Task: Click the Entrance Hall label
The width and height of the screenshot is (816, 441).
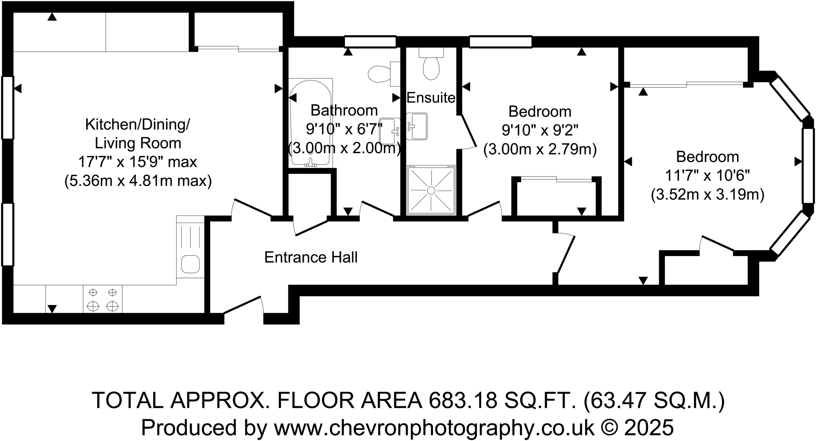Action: tap(311, 258)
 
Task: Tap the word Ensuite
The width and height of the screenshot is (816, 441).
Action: tap(430, 98)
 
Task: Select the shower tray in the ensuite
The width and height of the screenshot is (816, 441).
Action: tap(431, 190)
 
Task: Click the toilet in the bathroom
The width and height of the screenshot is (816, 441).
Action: tap(381, 74)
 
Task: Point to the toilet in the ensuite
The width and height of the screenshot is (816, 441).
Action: tap(431, 66)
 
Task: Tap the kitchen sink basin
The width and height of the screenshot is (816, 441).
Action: tap(190, 264)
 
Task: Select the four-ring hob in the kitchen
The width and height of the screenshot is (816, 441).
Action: tap(103, 299)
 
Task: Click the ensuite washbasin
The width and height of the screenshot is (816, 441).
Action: tap(417, 126)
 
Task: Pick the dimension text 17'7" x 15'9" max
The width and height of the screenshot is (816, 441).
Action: tap(137, 162)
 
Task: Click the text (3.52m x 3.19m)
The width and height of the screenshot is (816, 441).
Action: tap(707, 195)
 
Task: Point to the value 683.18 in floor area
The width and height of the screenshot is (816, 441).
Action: tap(463, 400)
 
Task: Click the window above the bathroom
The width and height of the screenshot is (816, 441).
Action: tap(370, 41)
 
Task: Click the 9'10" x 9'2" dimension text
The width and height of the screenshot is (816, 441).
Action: tap(539, 130)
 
